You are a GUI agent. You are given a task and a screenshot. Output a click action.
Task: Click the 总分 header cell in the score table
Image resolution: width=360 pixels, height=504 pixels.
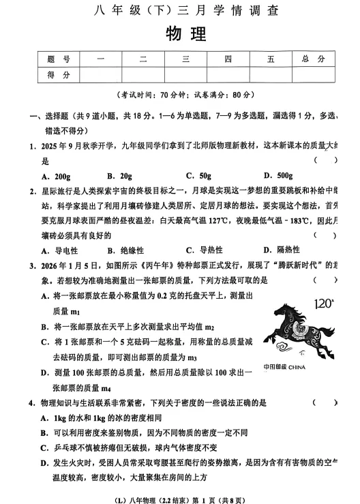[x=313, y=59]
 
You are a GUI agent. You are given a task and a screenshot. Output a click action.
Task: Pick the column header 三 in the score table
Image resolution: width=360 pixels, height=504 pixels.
[x=185, y=59]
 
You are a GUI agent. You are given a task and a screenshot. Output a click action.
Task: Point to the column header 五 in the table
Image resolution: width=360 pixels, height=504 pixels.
[x=271, y=59]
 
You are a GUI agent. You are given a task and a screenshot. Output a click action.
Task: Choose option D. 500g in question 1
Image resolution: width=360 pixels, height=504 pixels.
[x=277, y=175]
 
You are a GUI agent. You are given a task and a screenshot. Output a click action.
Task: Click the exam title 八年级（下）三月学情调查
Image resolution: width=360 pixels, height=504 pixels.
[x=185, y=10]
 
